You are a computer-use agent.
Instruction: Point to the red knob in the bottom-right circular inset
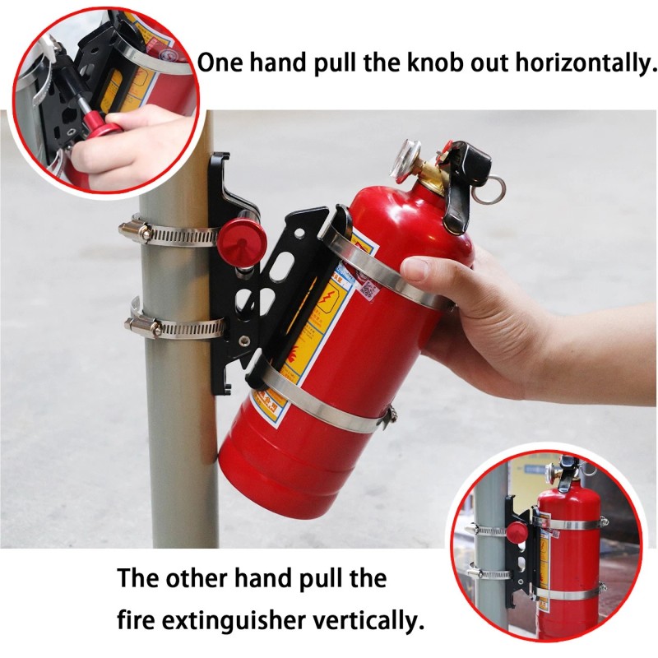click(517, 531)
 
